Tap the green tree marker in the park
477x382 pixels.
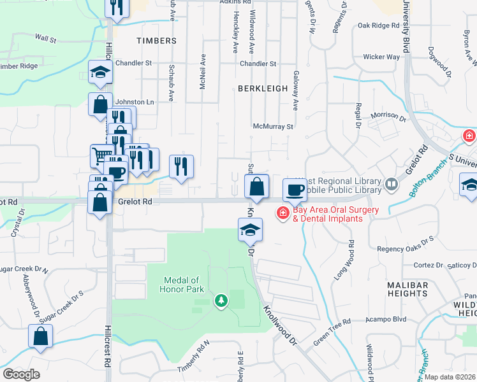click(221, 300)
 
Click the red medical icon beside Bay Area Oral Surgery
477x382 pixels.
click(281, 213)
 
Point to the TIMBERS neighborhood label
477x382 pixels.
click(156, 41)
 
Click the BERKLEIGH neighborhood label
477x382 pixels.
click(263, 88)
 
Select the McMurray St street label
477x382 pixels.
click(273, 127)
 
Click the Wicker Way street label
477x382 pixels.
click(381, 57)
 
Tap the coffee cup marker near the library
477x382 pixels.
click(296, 190)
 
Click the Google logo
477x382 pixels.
click(22, 374)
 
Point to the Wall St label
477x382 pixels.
click(46, 39)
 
